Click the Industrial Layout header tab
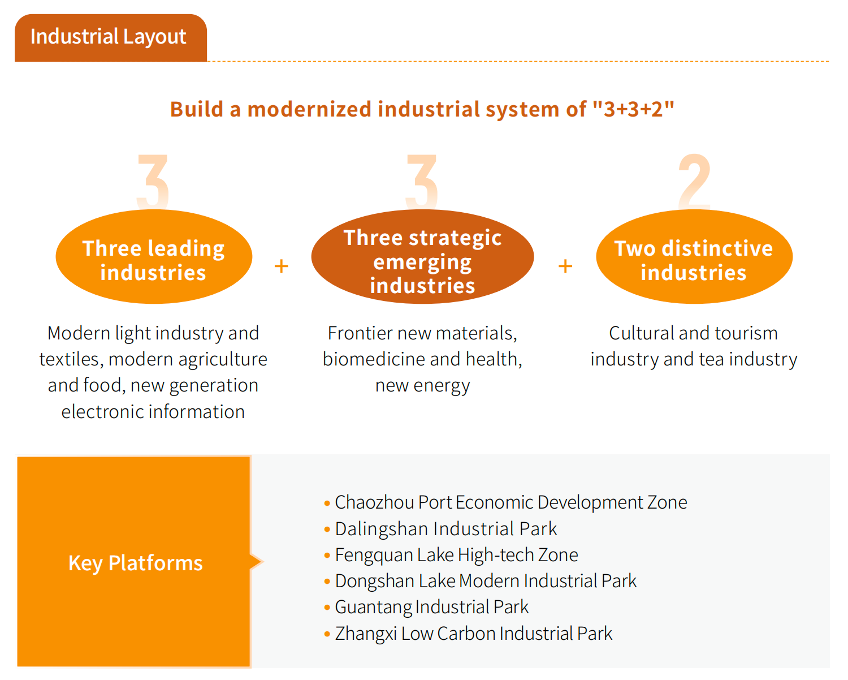(x=111, y=38)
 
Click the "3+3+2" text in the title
(x=633, y=109)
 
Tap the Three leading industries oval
(x=154, y=257)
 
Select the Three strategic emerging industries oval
(x=422, y=257)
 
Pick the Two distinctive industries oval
(x=694, y=257)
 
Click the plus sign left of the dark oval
(x=282, y=266)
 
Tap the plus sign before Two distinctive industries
(x=565, y=266)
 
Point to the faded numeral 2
(x=694, y=182)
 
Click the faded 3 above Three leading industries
(x=153, y=182)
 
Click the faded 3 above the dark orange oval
(x=422, y=182)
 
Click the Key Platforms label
(x=135, y=563)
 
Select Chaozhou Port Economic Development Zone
(x=510, y=503)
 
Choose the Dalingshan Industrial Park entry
(x=445, y=529)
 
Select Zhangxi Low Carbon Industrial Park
(x=473, y=634)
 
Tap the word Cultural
(x=642, y=333)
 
